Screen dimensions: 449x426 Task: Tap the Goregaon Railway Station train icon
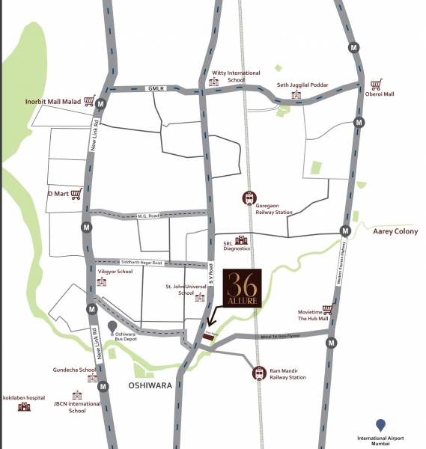(249, 198)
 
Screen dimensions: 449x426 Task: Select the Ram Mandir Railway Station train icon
(259, 372)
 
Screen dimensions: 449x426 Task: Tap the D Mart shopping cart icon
(75, 194)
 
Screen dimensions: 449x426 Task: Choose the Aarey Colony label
(395, 232)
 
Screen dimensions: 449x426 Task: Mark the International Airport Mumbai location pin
(381, 425)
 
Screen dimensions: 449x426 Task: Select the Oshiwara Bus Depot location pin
(112, 326)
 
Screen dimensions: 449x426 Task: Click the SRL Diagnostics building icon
(241, 240)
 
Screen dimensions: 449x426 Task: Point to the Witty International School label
(236, 76)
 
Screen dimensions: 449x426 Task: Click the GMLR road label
(156, 88)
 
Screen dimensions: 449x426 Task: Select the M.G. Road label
(147, 216)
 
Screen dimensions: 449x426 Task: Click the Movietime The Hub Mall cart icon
(326, 308)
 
